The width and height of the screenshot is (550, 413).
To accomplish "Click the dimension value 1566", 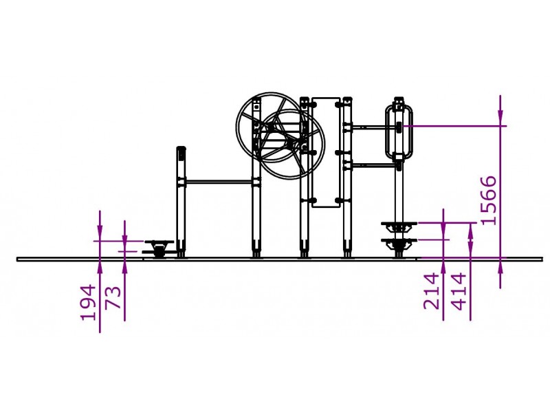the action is point(489,200).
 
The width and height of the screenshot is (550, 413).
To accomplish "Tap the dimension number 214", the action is point(431,291).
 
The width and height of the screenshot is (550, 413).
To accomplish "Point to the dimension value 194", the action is point(88,303).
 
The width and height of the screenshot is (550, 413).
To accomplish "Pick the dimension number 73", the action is point(113,297).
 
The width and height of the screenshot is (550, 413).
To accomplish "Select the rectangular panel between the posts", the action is point(326,152).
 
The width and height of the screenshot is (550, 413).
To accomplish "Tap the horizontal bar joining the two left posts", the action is point(219,182).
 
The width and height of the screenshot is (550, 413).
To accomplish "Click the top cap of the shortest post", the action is point(181,149).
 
